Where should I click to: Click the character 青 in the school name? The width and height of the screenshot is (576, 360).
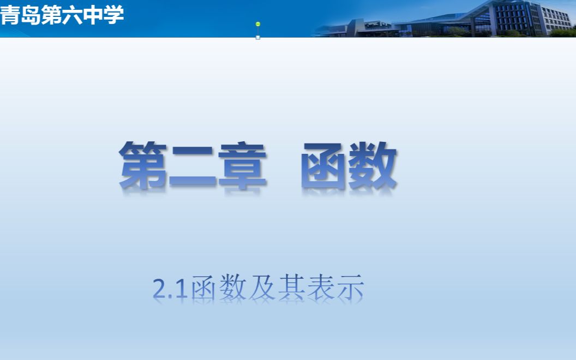[x=10, y=16]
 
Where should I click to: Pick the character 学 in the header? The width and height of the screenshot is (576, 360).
[x=114, y=16]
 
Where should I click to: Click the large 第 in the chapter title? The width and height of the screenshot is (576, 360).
[x=143, y=165]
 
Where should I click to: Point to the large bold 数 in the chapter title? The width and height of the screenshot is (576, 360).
[x=374, y=165]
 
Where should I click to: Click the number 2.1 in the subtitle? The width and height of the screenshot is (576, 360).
[x=170, y=289]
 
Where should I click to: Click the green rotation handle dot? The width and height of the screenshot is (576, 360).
[x=258, y=24]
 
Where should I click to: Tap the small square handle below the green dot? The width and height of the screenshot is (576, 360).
[x=258, y=38]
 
